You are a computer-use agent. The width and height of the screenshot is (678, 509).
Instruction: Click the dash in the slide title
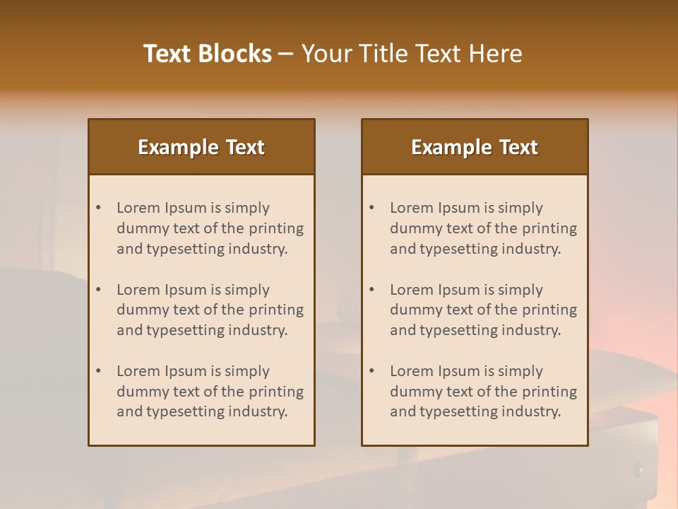click(x=286, y=54)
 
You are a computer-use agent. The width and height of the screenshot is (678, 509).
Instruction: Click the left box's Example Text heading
click(x=201, y=147)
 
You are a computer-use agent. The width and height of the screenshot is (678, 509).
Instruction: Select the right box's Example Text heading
click(x=475, y=147)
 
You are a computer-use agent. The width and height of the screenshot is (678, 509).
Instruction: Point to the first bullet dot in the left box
click(x=99, y=208)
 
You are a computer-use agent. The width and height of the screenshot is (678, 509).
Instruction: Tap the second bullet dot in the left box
click(x=99, y=290)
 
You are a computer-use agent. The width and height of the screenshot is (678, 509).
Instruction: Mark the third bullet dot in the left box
click(x=99, y=371)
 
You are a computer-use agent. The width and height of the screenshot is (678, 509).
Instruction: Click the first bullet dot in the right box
click(x=372, y=208)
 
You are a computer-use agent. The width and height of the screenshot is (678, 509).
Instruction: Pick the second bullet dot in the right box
click(x=372, y=290)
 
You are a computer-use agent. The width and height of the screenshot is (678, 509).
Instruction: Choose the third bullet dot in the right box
click(x=372, y=371)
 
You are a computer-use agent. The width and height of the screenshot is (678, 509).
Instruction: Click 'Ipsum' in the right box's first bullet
click(x=458, y=208)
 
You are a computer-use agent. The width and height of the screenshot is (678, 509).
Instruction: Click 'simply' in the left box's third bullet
click(x=247, y=371)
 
